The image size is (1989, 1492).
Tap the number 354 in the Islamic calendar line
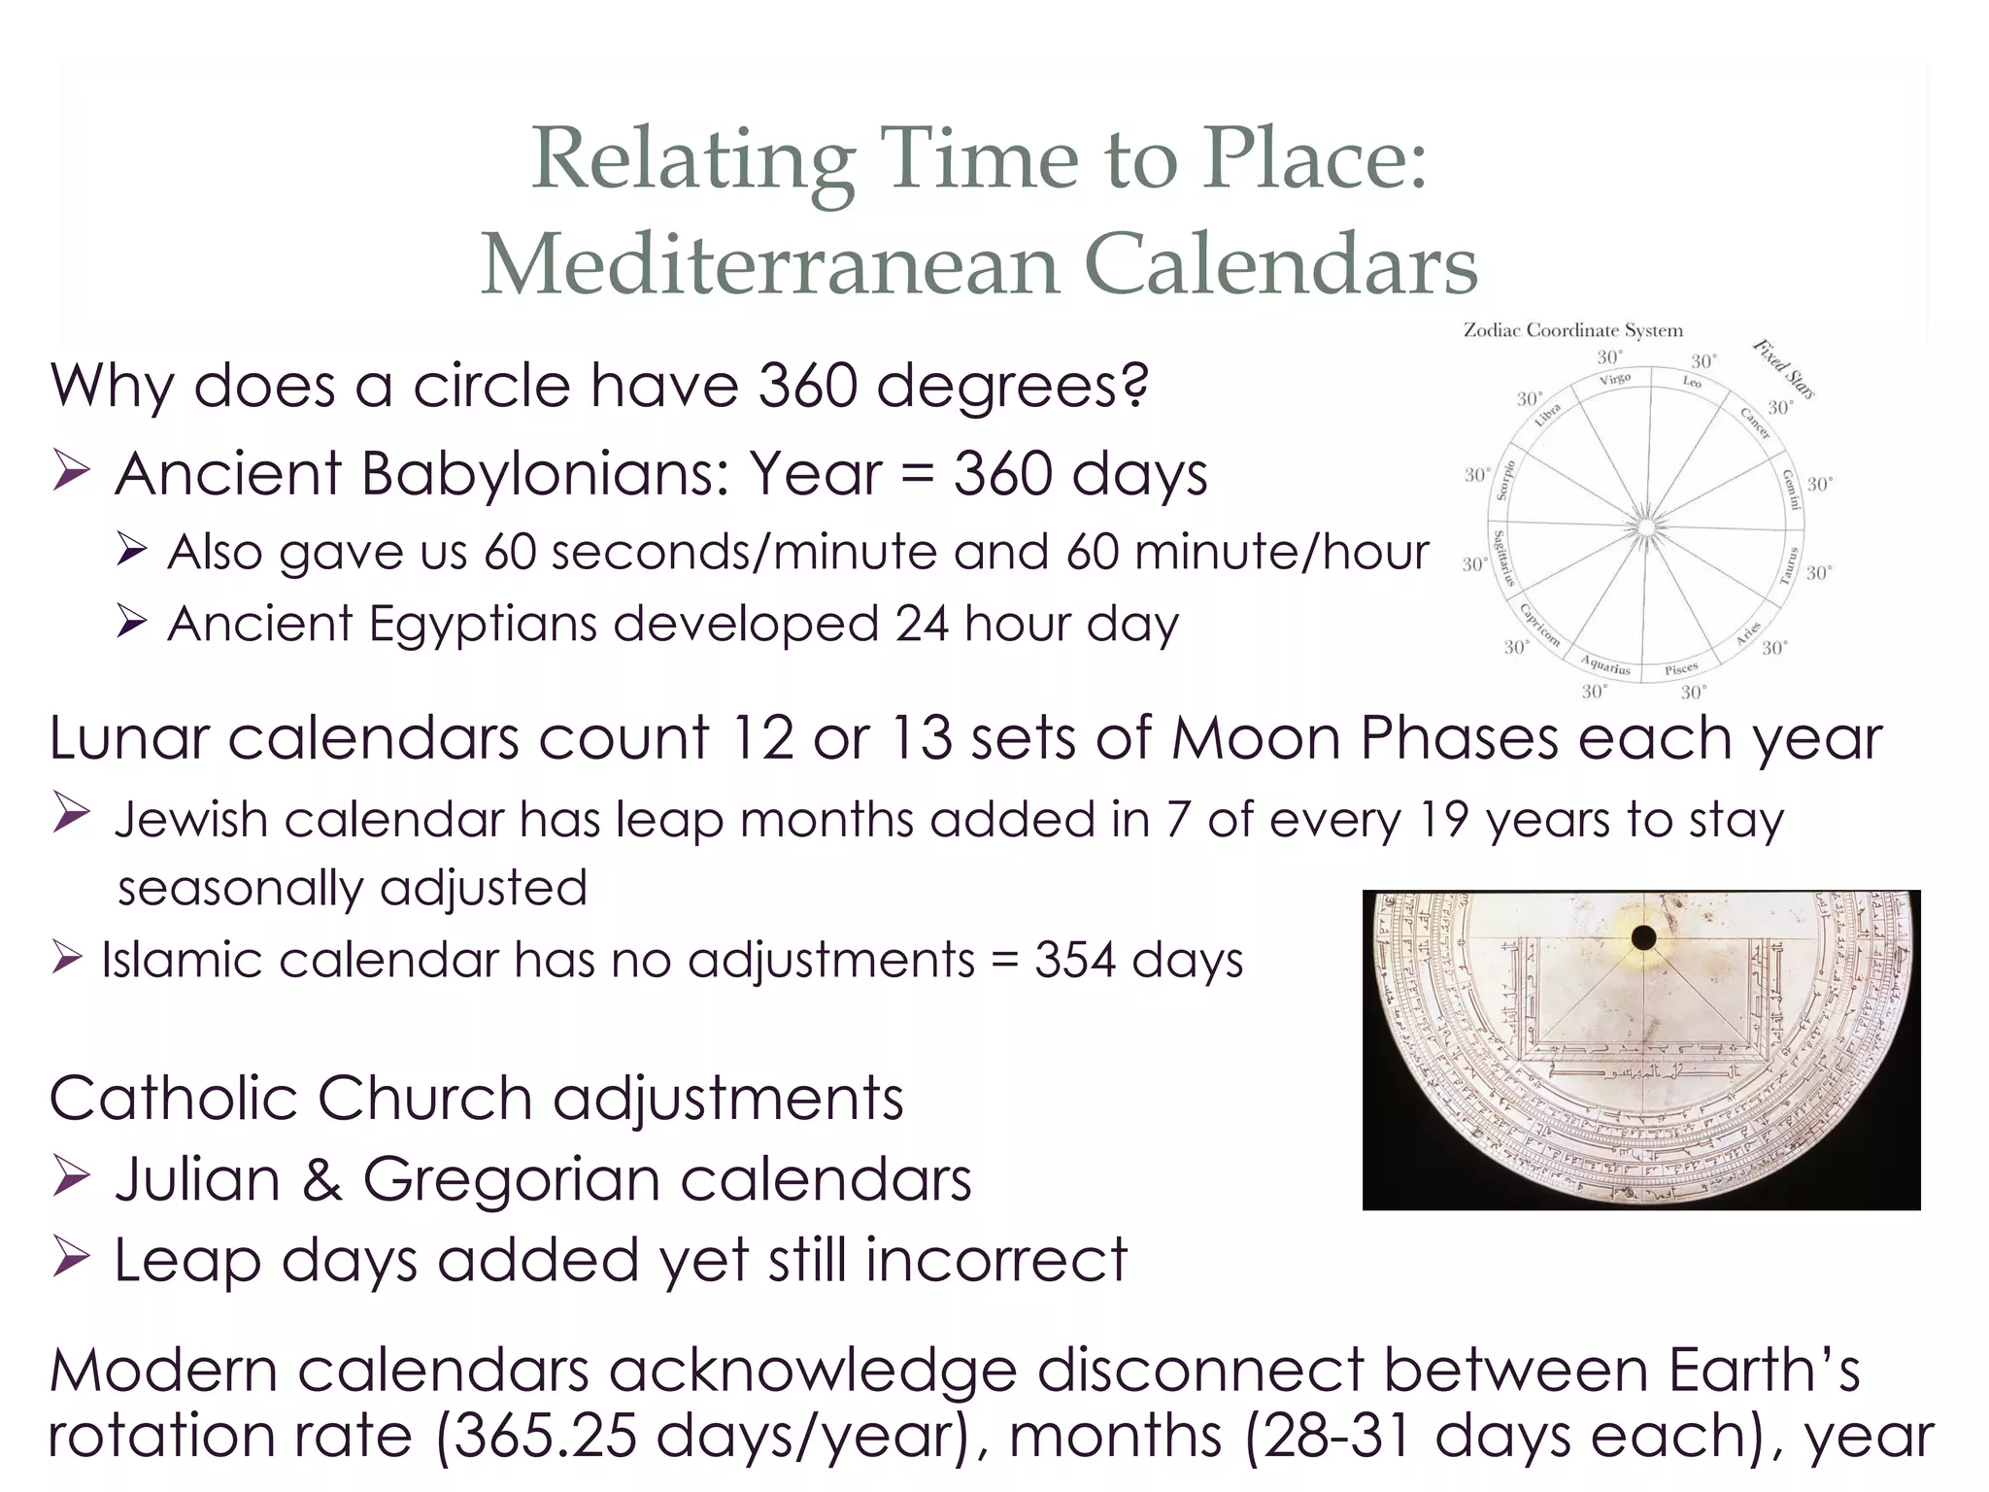[x=1074, y=961]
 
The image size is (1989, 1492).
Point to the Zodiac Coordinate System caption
[x=1572, y=330]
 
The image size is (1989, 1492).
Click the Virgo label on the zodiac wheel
[x=1614, y=379]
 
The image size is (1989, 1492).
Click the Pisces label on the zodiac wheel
[x=1680, y=669]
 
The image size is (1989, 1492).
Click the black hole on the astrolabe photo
[x=1643, y=937]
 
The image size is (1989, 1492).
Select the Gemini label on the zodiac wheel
[x=1792, y=489]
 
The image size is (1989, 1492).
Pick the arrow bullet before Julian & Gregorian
[x=72, y=1180]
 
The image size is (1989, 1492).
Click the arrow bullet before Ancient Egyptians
[x=130, y=623]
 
